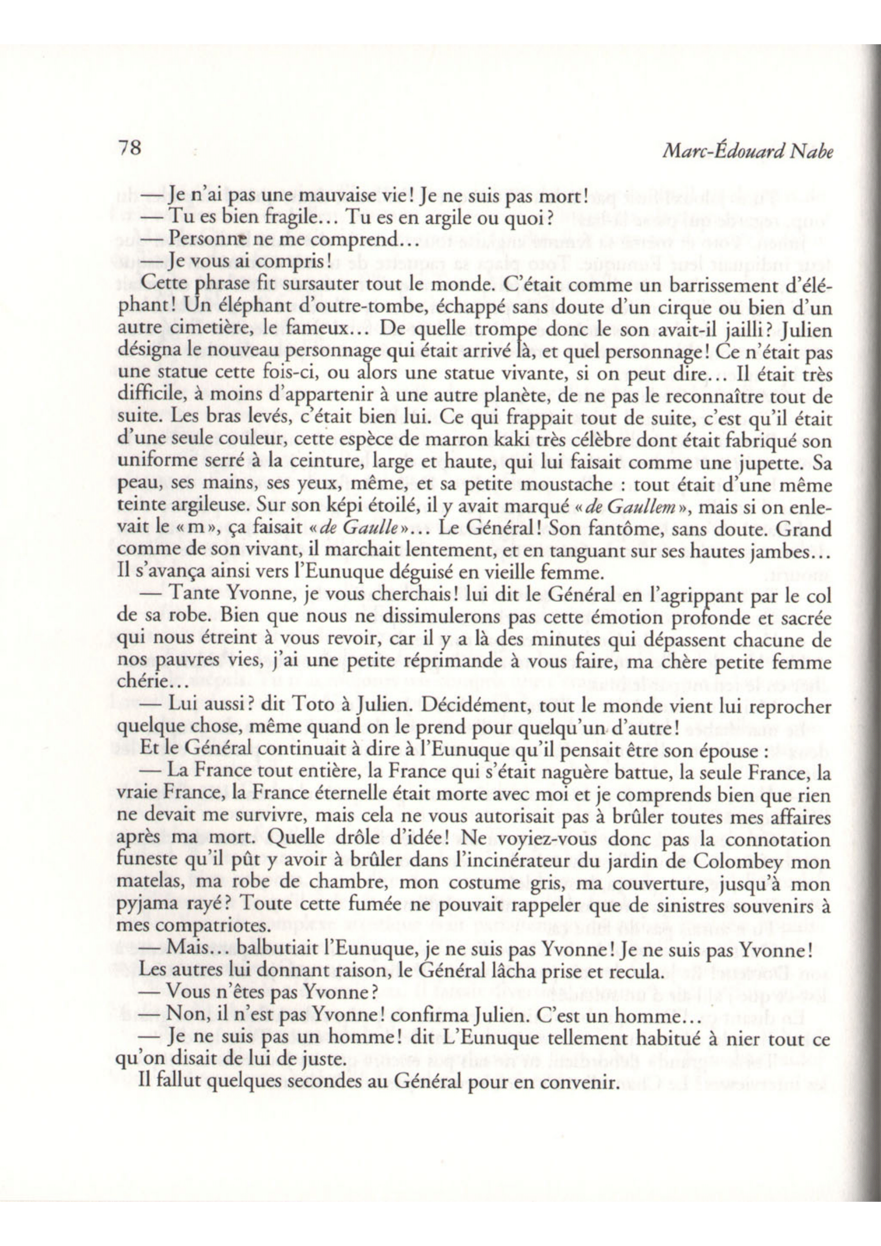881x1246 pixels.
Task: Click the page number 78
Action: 129,148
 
